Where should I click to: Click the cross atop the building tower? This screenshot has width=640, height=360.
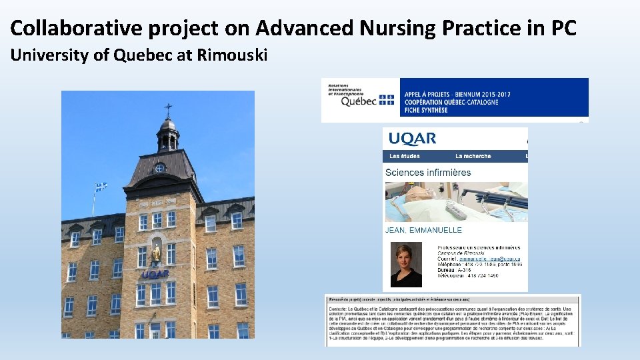(x=168, y=109)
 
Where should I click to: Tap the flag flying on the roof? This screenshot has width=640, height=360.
(x=100, y=187)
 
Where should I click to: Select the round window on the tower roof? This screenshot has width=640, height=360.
(x=160, y=168)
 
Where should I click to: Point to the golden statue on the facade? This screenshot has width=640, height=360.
(x=156, y=253)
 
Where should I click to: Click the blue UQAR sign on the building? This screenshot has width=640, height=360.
(x=155, y=274)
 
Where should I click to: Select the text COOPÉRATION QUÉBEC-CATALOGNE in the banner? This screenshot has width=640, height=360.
(x=454, y=103)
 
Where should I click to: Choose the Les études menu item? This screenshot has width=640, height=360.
(x=405, y=156)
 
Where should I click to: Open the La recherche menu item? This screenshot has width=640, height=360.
(x=473, y=156)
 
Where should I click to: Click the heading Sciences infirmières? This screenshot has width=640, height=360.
(x=428, y=173)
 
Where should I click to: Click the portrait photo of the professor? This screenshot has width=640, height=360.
(x=406, y=265)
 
